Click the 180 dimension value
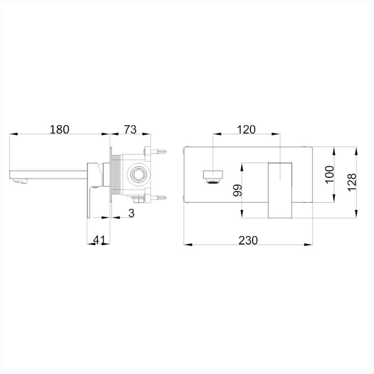click(x=59, y=129)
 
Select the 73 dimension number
click(x=131, y=129)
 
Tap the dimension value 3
click(x=131, y=213)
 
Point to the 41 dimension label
click(x=99, y=240)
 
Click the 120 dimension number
click(x=246, y=129)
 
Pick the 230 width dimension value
click(x=248, y=240)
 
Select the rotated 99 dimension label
click(x=237, y=190)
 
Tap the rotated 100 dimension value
click(x=329, y=174)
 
